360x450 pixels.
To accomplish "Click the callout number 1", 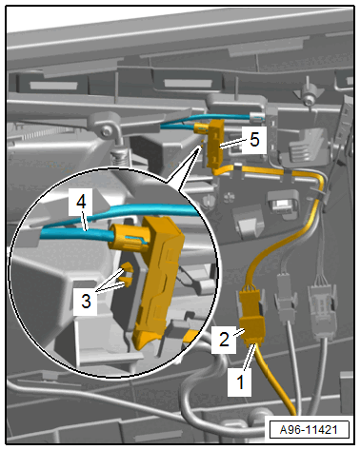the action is click(x=240, y=382).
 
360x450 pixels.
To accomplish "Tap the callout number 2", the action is click(x=224, y=339).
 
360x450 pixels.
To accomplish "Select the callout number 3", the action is click(x=86, y=301).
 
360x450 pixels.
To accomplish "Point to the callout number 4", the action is click(x=81, y=202).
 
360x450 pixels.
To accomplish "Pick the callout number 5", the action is click(x=254, y=139).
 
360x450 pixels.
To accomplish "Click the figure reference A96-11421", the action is click(x=309, y=430).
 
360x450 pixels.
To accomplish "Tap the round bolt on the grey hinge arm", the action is click(x=108, y=130).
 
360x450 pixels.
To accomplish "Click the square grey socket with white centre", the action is click(x=282, y=205).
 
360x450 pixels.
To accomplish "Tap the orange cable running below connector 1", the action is click(x=277, y=381).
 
